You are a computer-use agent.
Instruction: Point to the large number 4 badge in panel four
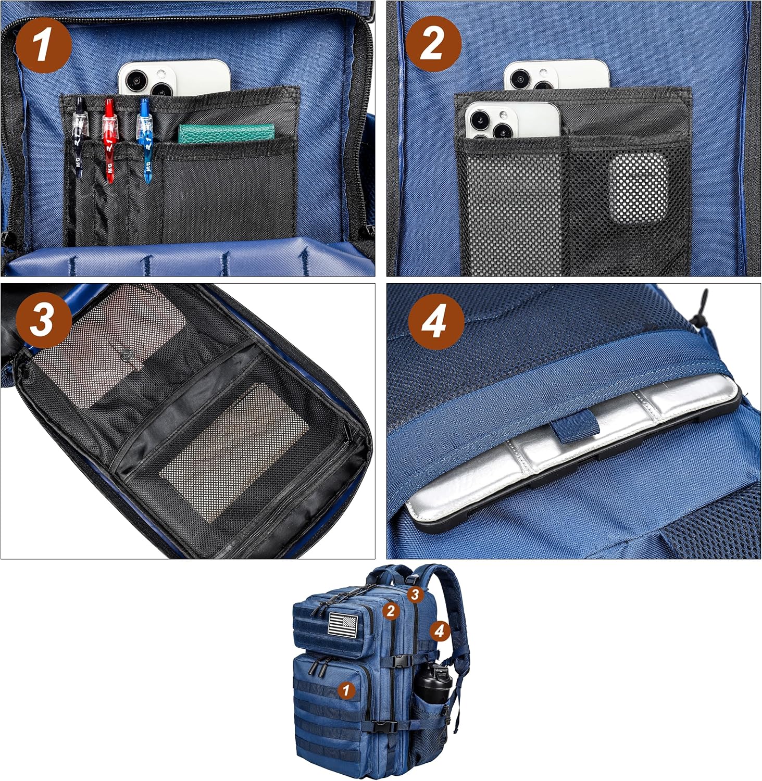[435, 321]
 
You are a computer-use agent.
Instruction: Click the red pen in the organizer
[109, 141]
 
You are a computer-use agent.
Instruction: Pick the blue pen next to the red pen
[144, 141]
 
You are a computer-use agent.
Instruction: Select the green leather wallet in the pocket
[226, 133]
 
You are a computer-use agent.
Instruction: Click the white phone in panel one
[174, 78]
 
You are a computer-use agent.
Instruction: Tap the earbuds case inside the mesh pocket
[638, 189]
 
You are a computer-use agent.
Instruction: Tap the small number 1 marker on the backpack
[346, 690]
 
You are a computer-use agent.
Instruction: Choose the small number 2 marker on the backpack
[391, 610]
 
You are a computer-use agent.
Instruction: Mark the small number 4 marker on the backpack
[440, 631]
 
